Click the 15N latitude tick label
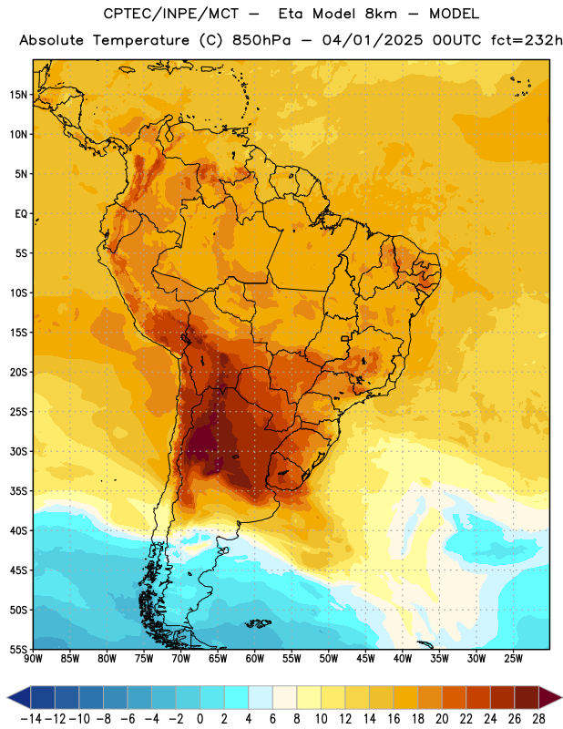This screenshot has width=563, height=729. click(18, 95)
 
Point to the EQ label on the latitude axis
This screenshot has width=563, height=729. click(21, 214)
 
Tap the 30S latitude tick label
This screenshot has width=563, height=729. click(18, 451)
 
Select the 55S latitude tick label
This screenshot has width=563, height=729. click(18, 649)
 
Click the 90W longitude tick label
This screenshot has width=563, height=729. click(33, 659)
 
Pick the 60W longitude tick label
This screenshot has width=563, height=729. click(255, 659)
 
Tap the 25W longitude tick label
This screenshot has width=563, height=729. click(513, 659)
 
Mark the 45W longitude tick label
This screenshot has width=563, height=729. click(365, 659)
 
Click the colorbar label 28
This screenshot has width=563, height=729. click(538, 719)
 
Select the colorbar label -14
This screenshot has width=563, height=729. click(31, 719)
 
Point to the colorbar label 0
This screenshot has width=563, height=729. click(200, 719)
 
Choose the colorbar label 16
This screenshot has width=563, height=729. click(394, 719)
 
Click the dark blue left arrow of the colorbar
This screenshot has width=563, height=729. click(19, 696)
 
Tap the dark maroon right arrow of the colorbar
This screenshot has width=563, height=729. click(550, 696)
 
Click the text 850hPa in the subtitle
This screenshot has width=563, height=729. click(261, 40)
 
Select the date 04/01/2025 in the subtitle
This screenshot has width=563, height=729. click(373, 40)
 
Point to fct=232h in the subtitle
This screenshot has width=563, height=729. click(527, 40)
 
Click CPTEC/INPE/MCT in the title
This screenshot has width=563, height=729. click(171, 14)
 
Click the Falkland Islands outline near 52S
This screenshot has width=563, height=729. click(258, 623)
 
